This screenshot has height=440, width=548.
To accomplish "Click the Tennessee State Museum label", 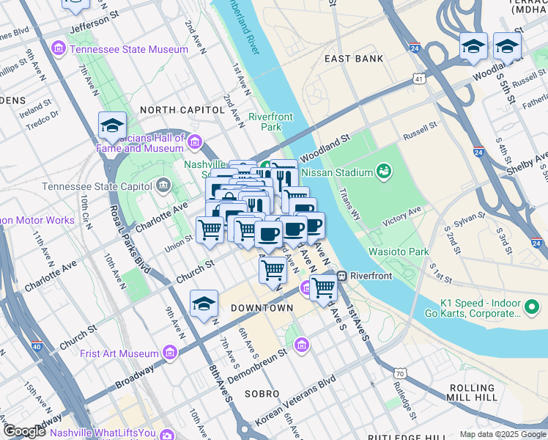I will [x=129, y=49].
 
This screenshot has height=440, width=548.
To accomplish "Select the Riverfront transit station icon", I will [x=342, y=276].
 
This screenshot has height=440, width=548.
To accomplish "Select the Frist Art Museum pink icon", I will [x=170, y=353].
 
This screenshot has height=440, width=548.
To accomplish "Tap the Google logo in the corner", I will [x=24, y=431].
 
